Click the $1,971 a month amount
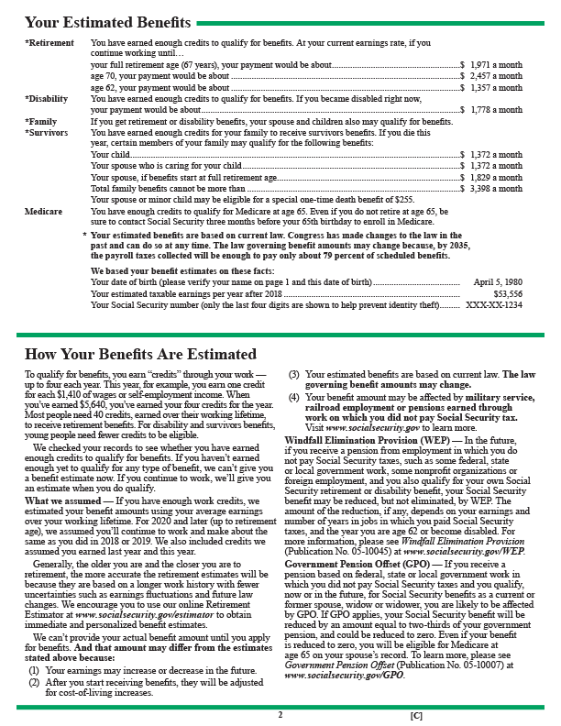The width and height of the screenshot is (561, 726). pyautogui.click(x=496, y=66)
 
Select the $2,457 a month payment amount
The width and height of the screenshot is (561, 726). pyautogui.click(x=496, y=77)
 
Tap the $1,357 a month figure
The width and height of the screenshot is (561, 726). pyautogui.click(x=496, y=88)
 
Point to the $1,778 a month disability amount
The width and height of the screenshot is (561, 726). pyautogui.click(x=496, y=110)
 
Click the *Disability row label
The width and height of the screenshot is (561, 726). pyautogui.click(x=46, y=99)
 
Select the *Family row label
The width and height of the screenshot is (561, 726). pyautogui.click(x=41, y=122)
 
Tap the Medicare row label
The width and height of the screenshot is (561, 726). pyautogui.click(x=43, y=211)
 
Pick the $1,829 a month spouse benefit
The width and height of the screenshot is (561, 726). pyautogui.click(x=496, y=177)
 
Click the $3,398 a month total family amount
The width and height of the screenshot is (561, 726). pyautogui.click(x=496, y=188)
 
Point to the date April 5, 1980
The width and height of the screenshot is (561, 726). pyautogui.click(x=498, y=281)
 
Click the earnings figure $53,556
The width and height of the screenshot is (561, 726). pyautogui.click(x=507, y=293)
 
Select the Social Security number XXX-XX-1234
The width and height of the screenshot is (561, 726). pyautogui.click(x=494, y=304)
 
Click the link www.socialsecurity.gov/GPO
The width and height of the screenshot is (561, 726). pyautogui.click(x=344, y=675)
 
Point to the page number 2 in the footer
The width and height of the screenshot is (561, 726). pyautogui.click(x=280, y=711)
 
